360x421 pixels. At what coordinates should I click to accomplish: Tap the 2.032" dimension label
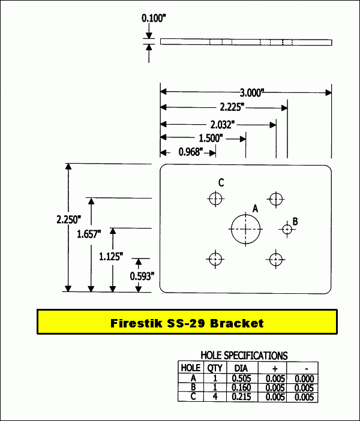(x=222, y=124)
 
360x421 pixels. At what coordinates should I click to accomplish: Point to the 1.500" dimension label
(x=211, y=138)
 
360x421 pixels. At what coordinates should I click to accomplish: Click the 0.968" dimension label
(x=191, y=152)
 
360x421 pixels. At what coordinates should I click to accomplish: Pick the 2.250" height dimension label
(x=53, y=220)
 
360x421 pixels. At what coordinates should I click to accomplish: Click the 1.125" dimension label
(x=111, y=257)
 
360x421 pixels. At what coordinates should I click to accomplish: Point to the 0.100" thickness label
(x=154, y=19)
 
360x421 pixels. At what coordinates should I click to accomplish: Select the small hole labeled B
(x=287, y=228)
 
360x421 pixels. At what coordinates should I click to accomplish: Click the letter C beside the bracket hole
(x=221, y=183)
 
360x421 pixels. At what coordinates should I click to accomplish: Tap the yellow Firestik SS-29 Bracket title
(x=187, y=323)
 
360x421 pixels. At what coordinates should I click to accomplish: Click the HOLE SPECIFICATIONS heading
(x=244, y=356)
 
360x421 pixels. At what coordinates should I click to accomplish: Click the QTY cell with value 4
(x=214, y=397)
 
